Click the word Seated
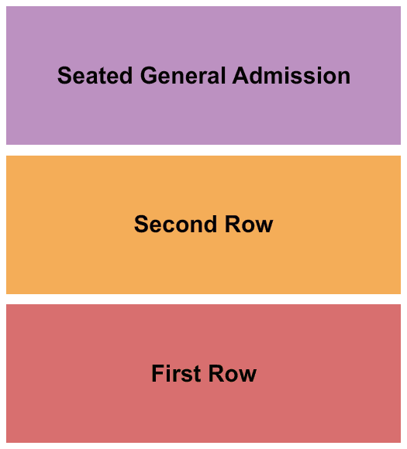95,76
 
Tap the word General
183,76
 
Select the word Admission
291,76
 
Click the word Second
175,224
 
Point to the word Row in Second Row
249,224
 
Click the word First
176,373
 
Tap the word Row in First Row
233,373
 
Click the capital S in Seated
64,76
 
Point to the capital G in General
149,76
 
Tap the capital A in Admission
241,75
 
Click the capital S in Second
141,224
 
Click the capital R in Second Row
233,224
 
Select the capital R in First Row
216,373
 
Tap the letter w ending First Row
247,375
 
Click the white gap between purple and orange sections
203,150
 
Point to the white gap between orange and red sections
203,299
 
